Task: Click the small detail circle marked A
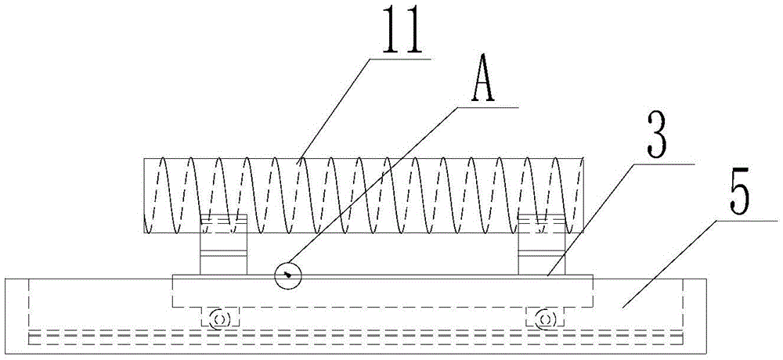(288, 274)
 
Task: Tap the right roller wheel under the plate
(547, 319)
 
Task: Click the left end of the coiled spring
(146, 196)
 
